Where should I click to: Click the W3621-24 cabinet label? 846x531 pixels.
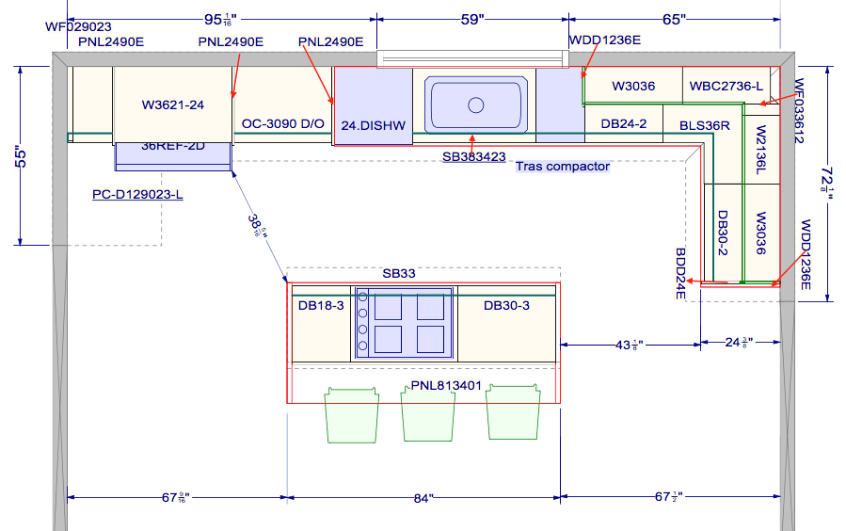[172, 105]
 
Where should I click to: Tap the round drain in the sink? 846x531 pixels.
[475, 105]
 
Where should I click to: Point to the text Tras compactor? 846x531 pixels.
[562, 167]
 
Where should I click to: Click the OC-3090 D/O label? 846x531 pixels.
[282, 123]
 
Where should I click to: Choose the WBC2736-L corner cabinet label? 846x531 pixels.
[726, 86]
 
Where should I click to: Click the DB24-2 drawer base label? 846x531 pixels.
[623, 123]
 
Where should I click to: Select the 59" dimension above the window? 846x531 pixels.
[471, 18]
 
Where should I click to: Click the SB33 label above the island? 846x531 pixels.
[398, 273]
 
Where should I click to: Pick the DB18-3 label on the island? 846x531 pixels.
[321, 305]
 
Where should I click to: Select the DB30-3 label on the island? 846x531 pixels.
[506, 305]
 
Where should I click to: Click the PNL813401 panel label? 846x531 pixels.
[446, 385]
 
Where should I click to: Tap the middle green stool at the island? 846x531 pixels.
[428, 414]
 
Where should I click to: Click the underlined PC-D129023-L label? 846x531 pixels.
[137, 195]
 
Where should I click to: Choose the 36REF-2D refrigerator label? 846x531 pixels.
[173, 146]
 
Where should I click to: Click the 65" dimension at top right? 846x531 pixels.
[674, 18]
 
